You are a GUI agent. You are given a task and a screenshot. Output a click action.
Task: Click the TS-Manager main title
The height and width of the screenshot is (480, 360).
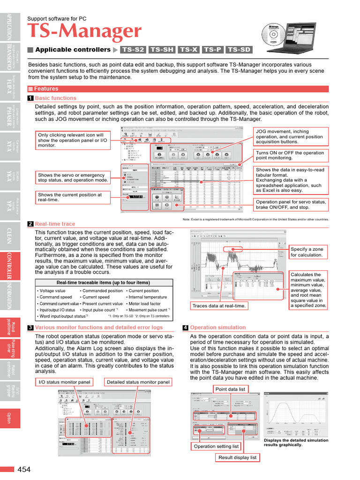click(x=84, y=32)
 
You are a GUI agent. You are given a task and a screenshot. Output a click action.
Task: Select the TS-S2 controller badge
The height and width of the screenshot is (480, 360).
click(x=133, y=50)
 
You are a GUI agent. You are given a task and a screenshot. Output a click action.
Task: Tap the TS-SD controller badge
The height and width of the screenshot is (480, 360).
click(x=239, y=50)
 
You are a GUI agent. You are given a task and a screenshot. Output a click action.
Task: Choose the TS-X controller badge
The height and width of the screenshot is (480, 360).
click(x=188, y=50)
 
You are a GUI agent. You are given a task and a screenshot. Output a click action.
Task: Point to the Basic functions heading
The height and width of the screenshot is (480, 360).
click(x=55, y=98)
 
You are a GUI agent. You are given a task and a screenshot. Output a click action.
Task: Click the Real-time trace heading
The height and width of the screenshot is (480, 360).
click(x=55, y=224)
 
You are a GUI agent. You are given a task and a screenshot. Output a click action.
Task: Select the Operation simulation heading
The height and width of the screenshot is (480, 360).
click(x=211, y=328)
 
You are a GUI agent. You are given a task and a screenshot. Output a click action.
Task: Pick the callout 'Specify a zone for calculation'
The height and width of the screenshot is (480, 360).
click(x=307, y=252)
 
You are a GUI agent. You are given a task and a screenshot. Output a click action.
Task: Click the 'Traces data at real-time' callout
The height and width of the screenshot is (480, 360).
click(x=219, y=306)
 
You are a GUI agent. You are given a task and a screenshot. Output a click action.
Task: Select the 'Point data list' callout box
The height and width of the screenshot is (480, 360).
click(x=230, y=389)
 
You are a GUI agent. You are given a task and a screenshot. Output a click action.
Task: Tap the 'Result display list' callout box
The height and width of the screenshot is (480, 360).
click(x=238, y=457)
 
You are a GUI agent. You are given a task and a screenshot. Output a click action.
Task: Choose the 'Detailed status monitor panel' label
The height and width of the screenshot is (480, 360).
click(x=138, y=382)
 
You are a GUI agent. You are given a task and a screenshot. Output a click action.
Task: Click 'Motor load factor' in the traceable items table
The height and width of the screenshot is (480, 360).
click(x=144, y=304)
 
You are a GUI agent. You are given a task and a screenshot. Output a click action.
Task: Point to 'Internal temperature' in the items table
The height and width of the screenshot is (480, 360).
click(x=147, y=297)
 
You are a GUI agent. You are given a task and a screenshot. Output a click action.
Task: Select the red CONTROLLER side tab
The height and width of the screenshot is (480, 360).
click(x=10, y=265)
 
